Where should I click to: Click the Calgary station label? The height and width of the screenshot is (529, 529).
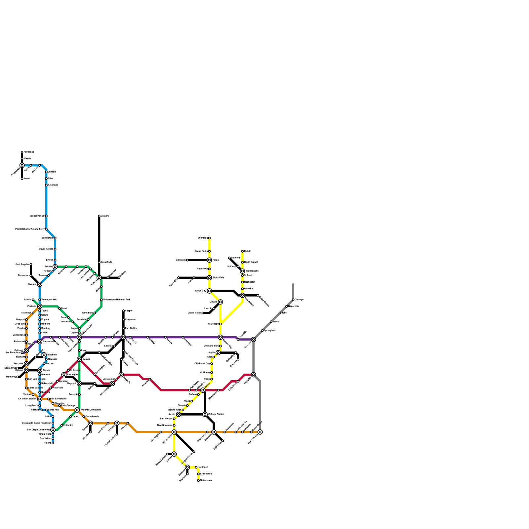[x=105, y=216]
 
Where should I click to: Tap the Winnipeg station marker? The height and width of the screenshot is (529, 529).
[x=209, y=238]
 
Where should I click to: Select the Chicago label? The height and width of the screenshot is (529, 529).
[x=299, y=300]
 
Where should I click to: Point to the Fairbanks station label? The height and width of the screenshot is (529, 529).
[x=29, y=152]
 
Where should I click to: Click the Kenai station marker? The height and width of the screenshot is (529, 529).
[x=22, y=179]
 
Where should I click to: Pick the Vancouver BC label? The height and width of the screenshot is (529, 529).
[x=37, y=216]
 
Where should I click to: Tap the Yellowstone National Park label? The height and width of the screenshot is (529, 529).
[x=117, y=300]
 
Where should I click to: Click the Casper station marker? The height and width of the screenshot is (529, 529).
[x=123, y=311]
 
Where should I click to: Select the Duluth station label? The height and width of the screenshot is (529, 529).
[x=247, y=251]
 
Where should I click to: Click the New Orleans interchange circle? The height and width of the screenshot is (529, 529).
[x=260, y=432]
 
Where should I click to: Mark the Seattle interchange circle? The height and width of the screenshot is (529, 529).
[x=55, y=267]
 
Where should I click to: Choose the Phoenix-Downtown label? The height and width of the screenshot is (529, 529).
[x=91, y=410]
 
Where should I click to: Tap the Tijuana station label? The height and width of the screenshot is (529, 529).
[x=47, y=443]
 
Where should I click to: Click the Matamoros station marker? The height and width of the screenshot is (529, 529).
[x=198, y=480]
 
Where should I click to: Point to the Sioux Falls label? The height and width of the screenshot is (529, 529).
[x=219, y=278]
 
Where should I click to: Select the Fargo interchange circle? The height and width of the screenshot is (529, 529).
[x=209, y=260]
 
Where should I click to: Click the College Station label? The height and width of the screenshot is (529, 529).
[x=217, y=414]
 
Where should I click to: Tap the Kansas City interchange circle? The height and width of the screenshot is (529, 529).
[x=221, y=337]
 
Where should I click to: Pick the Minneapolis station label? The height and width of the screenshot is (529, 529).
[x=252, y=271]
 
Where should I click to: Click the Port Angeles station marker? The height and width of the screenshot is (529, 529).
[x=31, y=264]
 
